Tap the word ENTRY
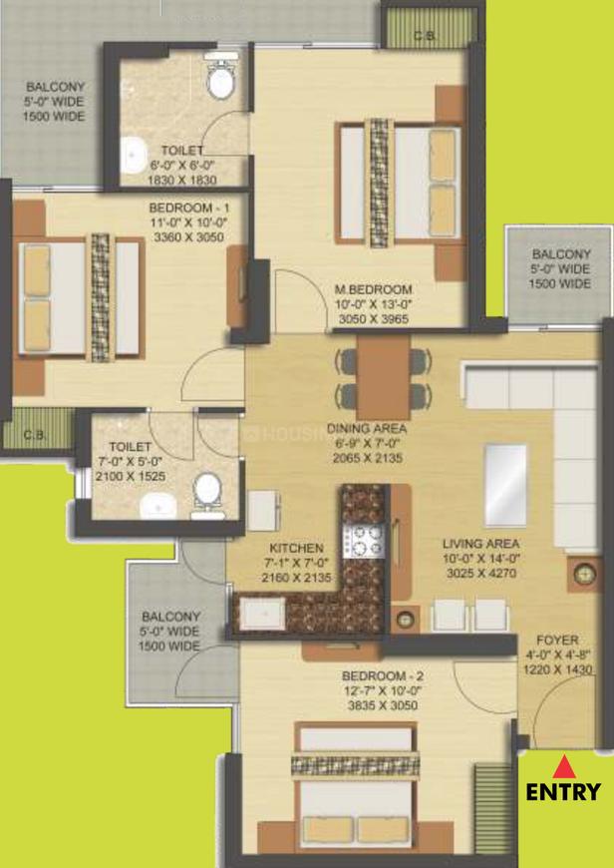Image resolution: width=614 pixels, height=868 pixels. [x=563, y=791]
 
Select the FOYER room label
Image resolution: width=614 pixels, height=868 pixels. [x=557, y=641]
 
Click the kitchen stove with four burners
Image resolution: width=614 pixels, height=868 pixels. [x=364, y=541]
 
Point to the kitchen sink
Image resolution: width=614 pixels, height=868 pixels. [x=262, y=614]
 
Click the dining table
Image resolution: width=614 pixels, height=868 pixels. [x=383, y=377]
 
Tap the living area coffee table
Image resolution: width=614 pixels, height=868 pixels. [x=505, y=485]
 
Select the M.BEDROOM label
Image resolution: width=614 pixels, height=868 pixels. [x=374, y=289]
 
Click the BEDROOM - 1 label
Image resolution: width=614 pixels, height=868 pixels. [x=189, y=209]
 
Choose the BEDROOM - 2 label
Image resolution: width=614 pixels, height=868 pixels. [x=383, y=675]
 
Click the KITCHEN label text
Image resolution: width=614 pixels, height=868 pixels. [x=296, y=548]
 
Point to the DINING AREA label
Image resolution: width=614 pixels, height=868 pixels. [x=367, y=428]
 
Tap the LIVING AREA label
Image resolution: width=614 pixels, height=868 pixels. [x=480, y=544]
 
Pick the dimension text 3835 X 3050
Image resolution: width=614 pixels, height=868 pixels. [x=383, y=705]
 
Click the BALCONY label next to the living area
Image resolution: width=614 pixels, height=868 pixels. [x=561, y=254]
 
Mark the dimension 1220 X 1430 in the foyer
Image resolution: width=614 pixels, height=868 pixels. [x=557, y=669]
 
